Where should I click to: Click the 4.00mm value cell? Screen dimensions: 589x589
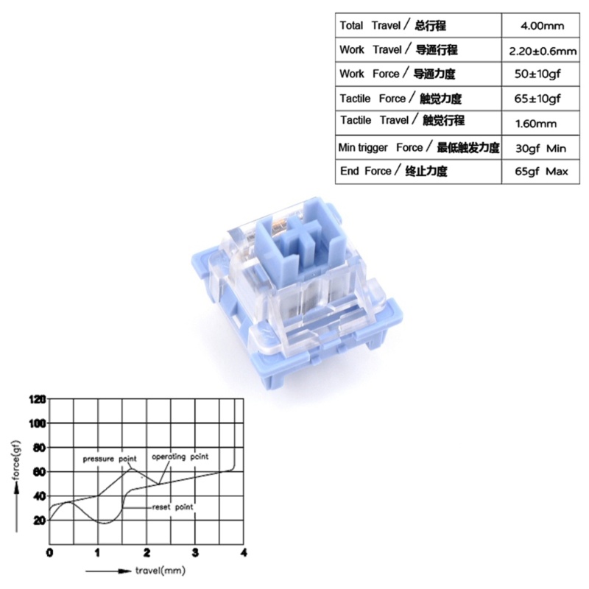542,26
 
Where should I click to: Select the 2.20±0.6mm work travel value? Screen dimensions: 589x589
543,51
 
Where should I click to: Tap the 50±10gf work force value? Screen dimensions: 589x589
537,74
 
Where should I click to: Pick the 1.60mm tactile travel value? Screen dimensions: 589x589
536,124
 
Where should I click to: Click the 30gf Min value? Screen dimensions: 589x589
540,149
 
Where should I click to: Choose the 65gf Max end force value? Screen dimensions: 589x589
541,172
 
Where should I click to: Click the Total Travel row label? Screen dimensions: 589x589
392,26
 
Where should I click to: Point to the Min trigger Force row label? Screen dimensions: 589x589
419,147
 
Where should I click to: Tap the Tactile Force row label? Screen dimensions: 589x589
401,99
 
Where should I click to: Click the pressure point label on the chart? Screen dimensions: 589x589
110,459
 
